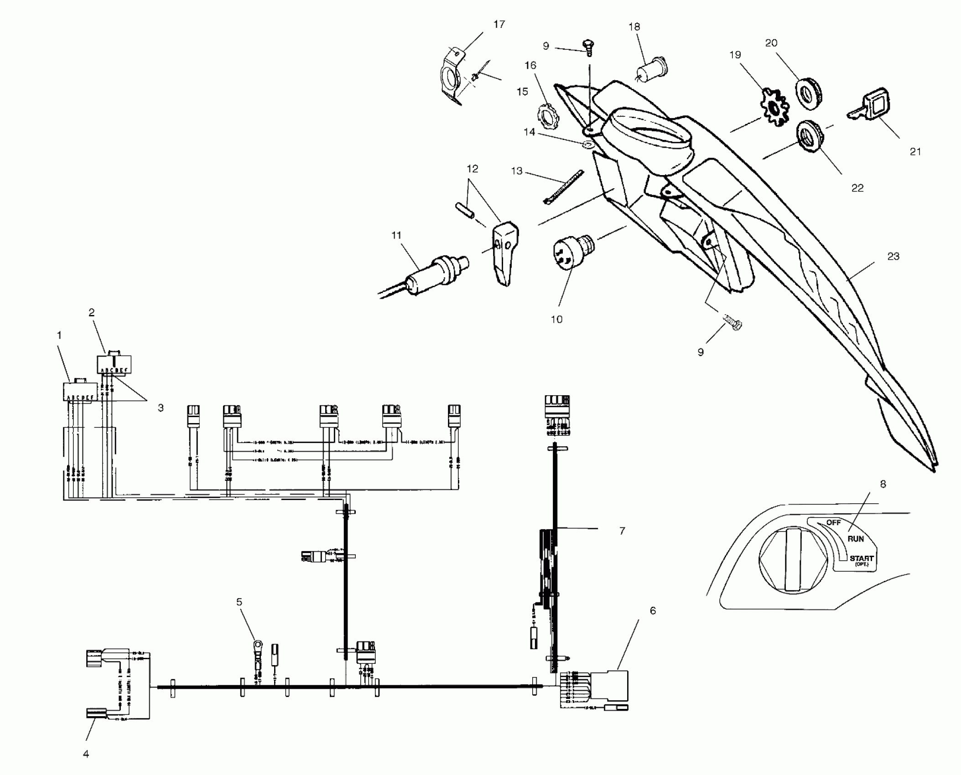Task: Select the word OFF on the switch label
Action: (x=833, y=522)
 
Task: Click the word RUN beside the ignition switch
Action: (x=856, y=538)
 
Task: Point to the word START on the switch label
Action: (x=861, y=558)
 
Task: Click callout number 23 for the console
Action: (x=893, y=257)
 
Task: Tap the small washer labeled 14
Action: (x=588, y=145)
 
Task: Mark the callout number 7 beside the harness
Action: (x=622, y=531)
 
